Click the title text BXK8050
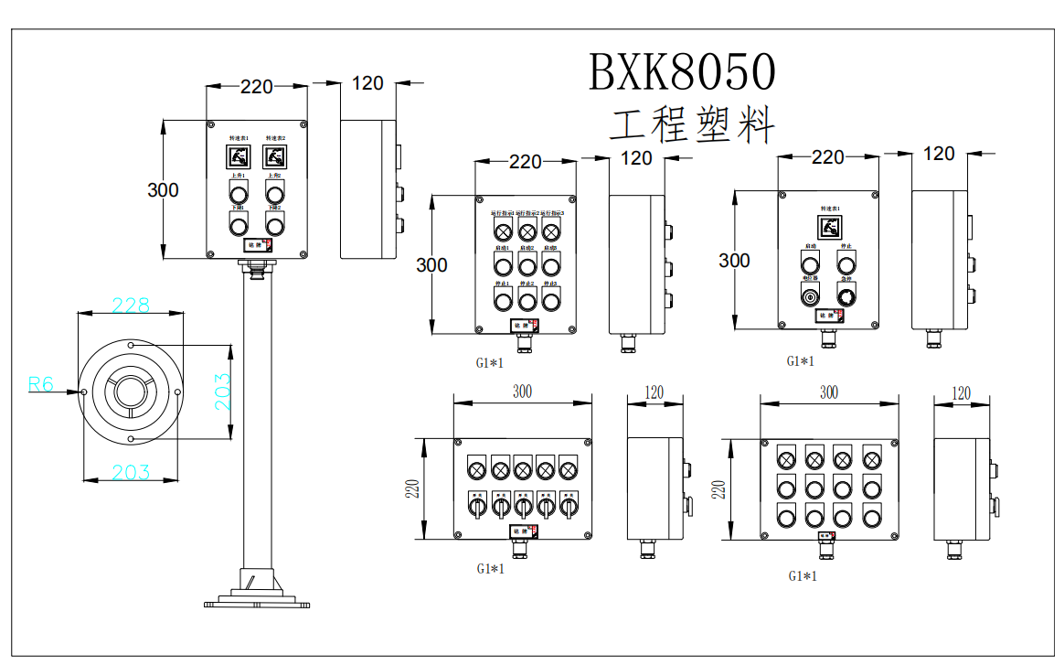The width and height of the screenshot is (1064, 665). [681, 71]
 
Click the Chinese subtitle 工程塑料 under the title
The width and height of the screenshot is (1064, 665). [692, 125]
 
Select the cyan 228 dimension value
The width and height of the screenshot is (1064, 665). [131, 306]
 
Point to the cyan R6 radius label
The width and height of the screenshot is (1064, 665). [41, 384]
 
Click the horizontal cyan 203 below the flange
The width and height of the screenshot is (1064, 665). [131, 472]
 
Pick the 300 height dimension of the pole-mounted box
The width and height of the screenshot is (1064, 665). [163, 190]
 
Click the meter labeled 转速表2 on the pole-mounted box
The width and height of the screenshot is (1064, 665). [274, 156]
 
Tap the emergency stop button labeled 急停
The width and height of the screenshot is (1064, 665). [846, 295]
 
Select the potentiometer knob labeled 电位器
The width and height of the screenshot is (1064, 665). [809, 295]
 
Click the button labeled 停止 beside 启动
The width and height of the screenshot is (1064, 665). [846, 263]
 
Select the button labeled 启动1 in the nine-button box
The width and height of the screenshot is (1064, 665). [502, 265]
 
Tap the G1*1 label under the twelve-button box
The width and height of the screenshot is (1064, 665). [802, 576]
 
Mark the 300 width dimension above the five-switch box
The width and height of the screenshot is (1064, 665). [522, 391]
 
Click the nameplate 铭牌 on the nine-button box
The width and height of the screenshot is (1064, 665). [524, 325]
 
